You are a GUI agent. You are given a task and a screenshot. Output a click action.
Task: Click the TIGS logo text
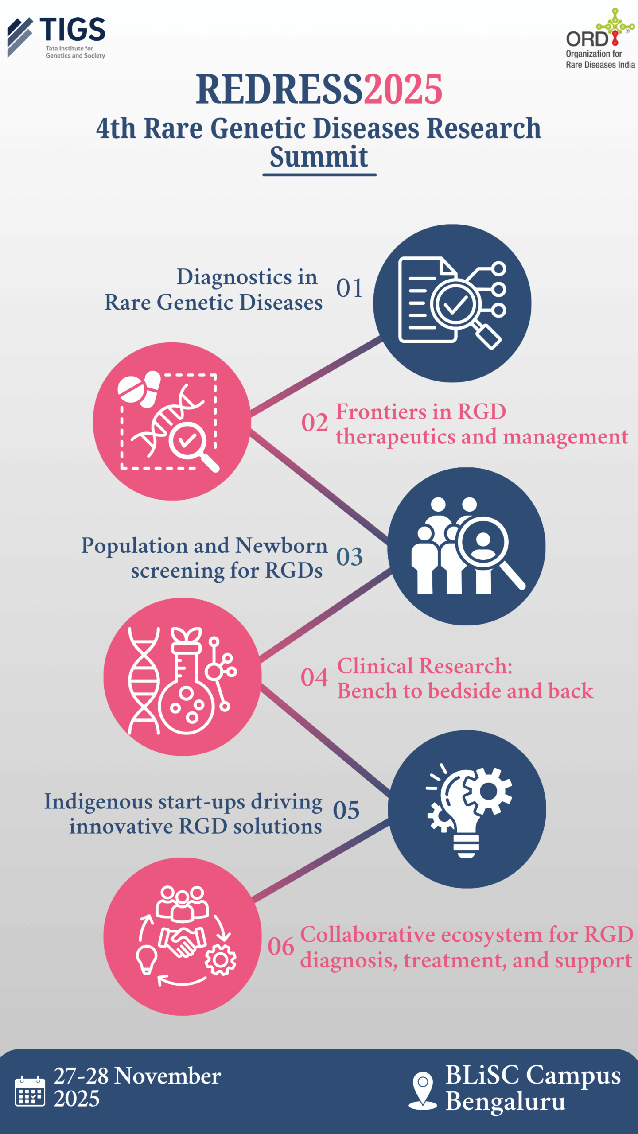click(x=72, y=30)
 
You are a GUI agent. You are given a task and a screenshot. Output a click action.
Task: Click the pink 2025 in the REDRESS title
click(x=403, y=90)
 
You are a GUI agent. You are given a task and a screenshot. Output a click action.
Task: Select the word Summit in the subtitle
click(x=319, y=157)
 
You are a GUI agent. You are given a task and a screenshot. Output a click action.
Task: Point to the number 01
click(x=349, y=288)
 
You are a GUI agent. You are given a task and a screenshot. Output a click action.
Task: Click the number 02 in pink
click(x=315, y=423)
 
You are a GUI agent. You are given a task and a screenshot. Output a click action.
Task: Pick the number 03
click(x=349, y=557)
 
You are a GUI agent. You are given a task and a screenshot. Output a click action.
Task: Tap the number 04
click(x=314, y=678)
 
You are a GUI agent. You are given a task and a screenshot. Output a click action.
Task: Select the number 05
click(x=346, y=811)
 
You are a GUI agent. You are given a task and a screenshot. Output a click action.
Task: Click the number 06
click(x=281, y=947)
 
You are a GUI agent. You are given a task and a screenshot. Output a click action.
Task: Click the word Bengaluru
click(x=506, y=1102)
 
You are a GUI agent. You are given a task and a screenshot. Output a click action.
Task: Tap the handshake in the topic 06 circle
click(x=182, y=941)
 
